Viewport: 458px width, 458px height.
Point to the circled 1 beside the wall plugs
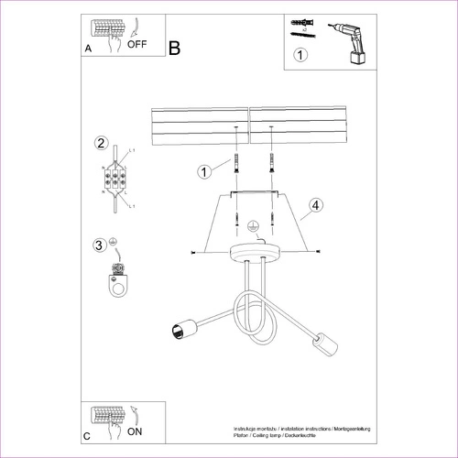click(x=206, y=170)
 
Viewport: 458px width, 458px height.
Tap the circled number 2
click(x=101, y=143)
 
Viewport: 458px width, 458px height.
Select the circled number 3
click(x=100, y=245)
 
